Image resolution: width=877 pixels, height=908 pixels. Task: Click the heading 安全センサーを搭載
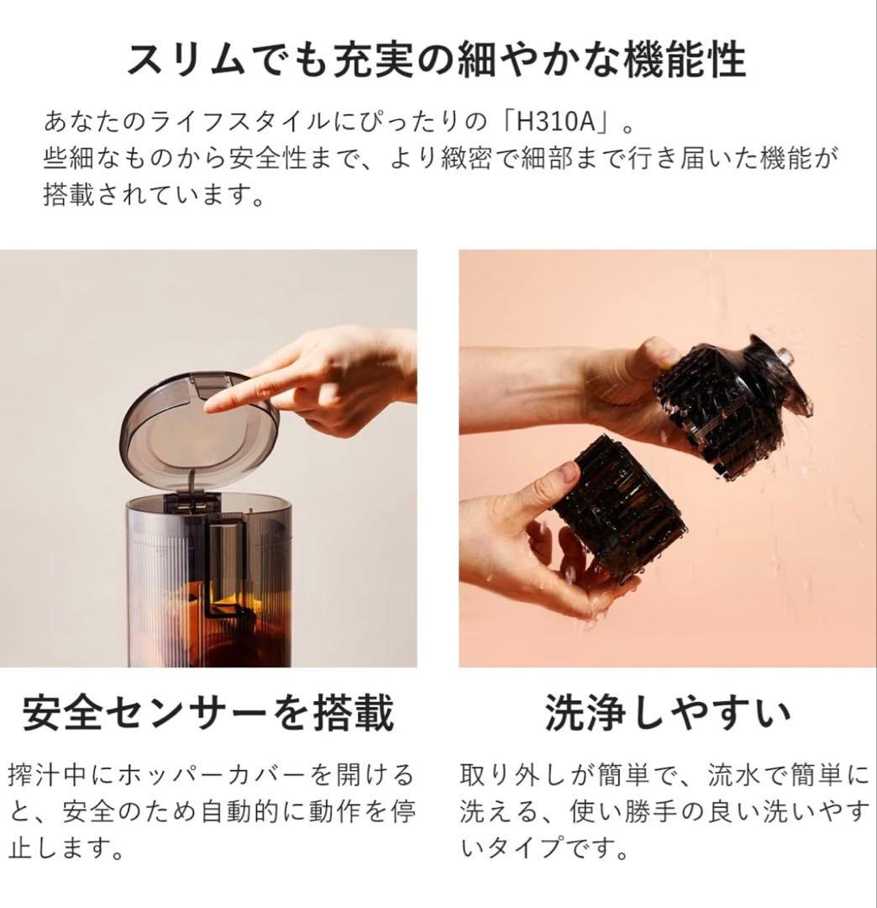pyautogui.click(x=207, y=713)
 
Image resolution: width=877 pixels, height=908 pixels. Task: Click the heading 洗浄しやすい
pyautogui.click(x=667, y=713)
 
